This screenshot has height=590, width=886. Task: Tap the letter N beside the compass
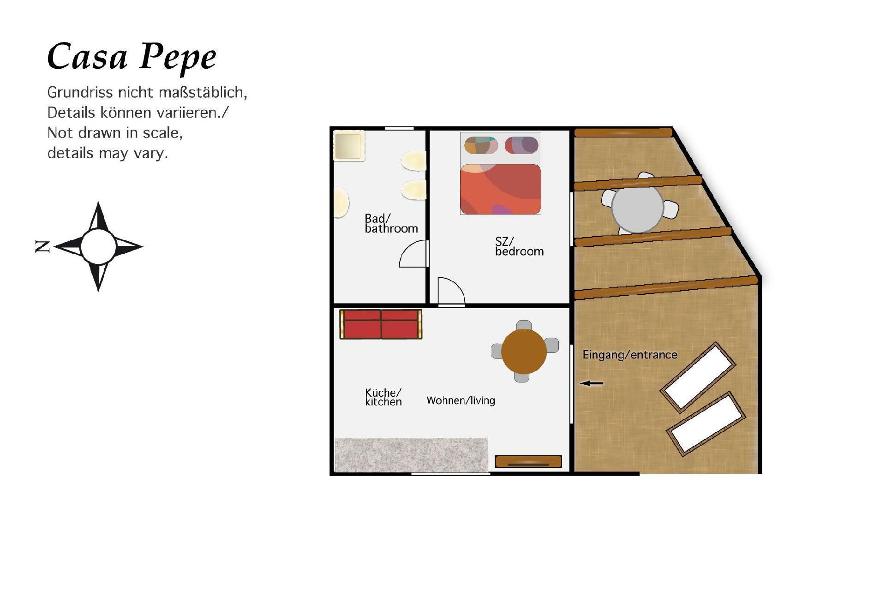pos(42,246)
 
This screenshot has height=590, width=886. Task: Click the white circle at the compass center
pos(98,246)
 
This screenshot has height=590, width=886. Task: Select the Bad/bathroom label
pos(391,223)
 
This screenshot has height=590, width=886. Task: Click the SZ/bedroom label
pos(519,246)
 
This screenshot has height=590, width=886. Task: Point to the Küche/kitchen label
pos(383,397)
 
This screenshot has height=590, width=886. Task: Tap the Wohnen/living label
pos(461,400)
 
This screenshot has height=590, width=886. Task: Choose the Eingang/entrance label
pos(630,355)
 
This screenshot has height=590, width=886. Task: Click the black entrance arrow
pos(592,383)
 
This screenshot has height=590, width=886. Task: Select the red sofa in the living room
pos(381,324)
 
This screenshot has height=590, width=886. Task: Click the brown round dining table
pos(524,352)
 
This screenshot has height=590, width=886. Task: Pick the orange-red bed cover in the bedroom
pos(501,189)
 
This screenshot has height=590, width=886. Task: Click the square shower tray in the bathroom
pos(349,145)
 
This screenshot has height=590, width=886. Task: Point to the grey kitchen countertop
pos(412,455)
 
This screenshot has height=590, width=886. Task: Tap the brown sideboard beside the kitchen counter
pos(528,461)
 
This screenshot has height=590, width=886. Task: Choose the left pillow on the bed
pos(481,145)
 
